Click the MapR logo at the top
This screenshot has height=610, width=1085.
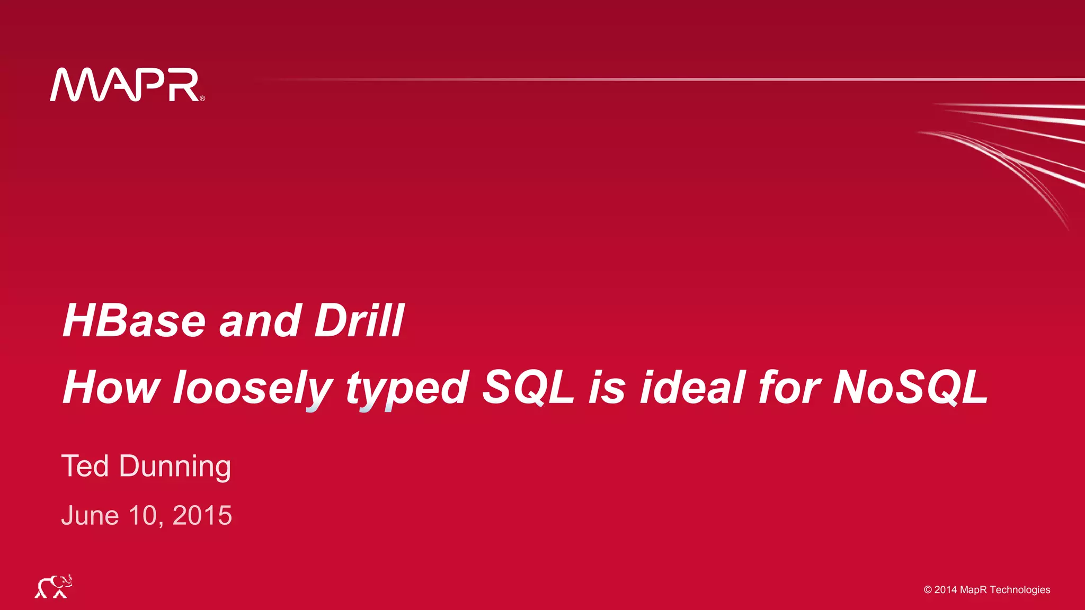pyautogui.click(x=125, y=85)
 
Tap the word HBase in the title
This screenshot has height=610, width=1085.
pyautogui.click(x=134, y=321)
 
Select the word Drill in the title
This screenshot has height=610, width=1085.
pyautogui.click(x=359, y=321)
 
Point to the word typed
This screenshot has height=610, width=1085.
pyautogui.click(x=407, y=388)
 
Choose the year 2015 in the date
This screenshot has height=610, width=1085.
pyautogui.click(x=202, y=516)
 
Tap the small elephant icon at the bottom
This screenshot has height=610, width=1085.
pyautogui.click(x=54, y=586)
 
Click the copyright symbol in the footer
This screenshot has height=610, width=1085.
pyautogui.click(x=928, y=590)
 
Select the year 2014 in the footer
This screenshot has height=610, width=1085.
pyautogui.click(x=946, y=590)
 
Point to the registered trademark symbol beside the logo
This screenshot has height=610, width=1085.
pyautogui.click(x=202, y=98)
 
